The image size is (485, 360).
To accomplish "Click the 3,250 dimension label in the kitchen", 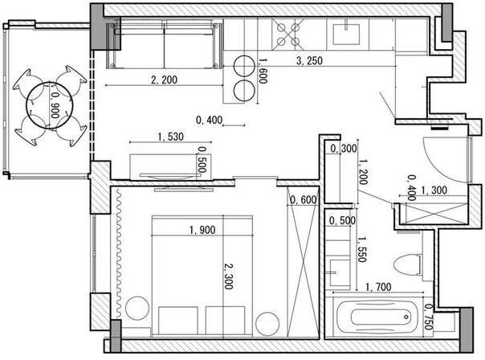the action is click(x=309, y=61).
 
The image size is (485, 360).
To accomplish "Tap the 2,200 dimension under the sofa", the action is click(x=165, y=80).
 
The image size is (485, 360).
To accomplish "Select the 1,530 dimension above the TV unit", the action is click(x=171, y=137).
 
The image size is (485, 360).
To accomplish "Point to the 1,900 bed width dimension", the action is click(x=202, y=230).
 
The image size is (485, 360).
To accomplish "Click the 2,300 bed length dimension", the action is click(x=229, y=276).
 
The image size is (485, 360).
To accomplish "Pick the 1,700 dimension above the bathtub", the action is click(x=378, y=287).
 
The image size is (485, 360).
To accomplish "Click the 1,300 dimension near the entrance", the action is click(x=434, y=190).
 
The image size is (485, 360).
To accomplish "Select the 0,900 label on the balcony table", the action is click(x=55, y=106).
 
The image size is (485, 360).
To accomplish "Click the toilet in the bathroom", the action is click(x=408, y=265).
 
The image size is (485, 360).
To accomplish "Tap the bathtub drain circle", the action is click(x=406, y=317).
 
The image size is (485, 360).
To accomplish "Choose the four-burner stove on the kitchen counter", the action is click(x=288, y=35).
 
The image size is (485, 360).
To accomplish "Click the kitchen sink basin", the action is click(x=346, y=35).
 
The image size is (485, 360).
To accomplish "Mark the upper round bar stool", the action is click(x=244, y=66).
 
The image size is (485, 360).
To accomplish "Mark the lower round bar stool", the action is click(x=244, y=90).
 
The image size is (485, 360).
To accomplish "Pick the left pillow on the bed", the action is click(x=177, y=321).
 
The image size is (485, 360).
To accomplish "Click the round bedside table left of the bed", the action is click(x=137, y=309).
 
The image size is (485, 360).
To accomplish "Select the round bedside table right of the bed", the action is click(x=267, y=324).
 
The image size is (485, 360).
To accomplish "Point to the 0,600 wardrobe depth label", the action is click(x=304, y=200).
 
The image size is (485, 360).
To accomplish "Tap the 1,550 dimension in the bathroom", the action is click(x=362, y=250).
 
